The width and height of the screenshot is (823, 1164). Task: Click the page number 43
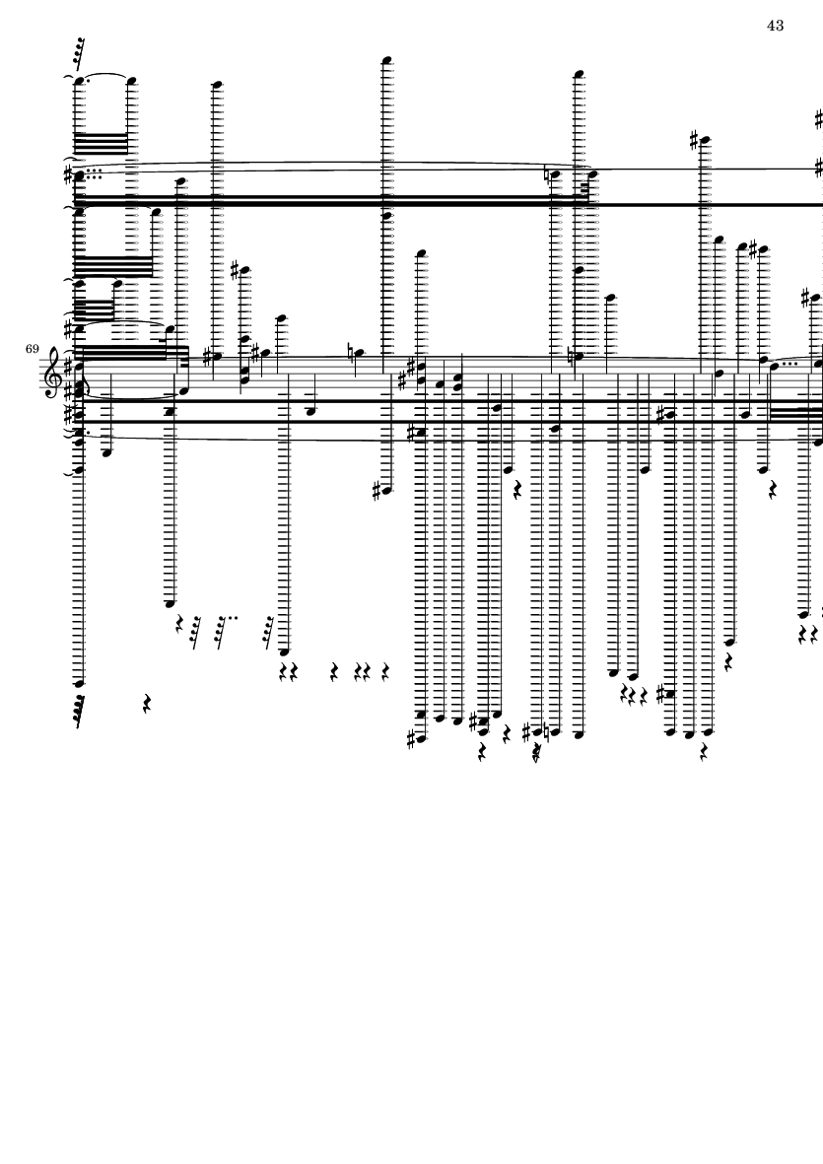(x=775, y=25)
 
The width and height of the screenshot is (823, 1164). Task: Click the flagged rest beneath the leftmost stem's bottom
(x=78, y=715)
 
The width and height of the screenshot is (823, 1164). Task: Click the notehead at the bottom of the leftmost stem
(x=79, y=682)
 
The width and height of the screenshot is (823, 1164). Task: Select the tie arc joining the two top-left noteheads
(x=104, y=76)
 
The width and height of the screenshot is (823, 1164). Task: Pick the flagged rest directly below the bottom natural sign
(x=538, y=753)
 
